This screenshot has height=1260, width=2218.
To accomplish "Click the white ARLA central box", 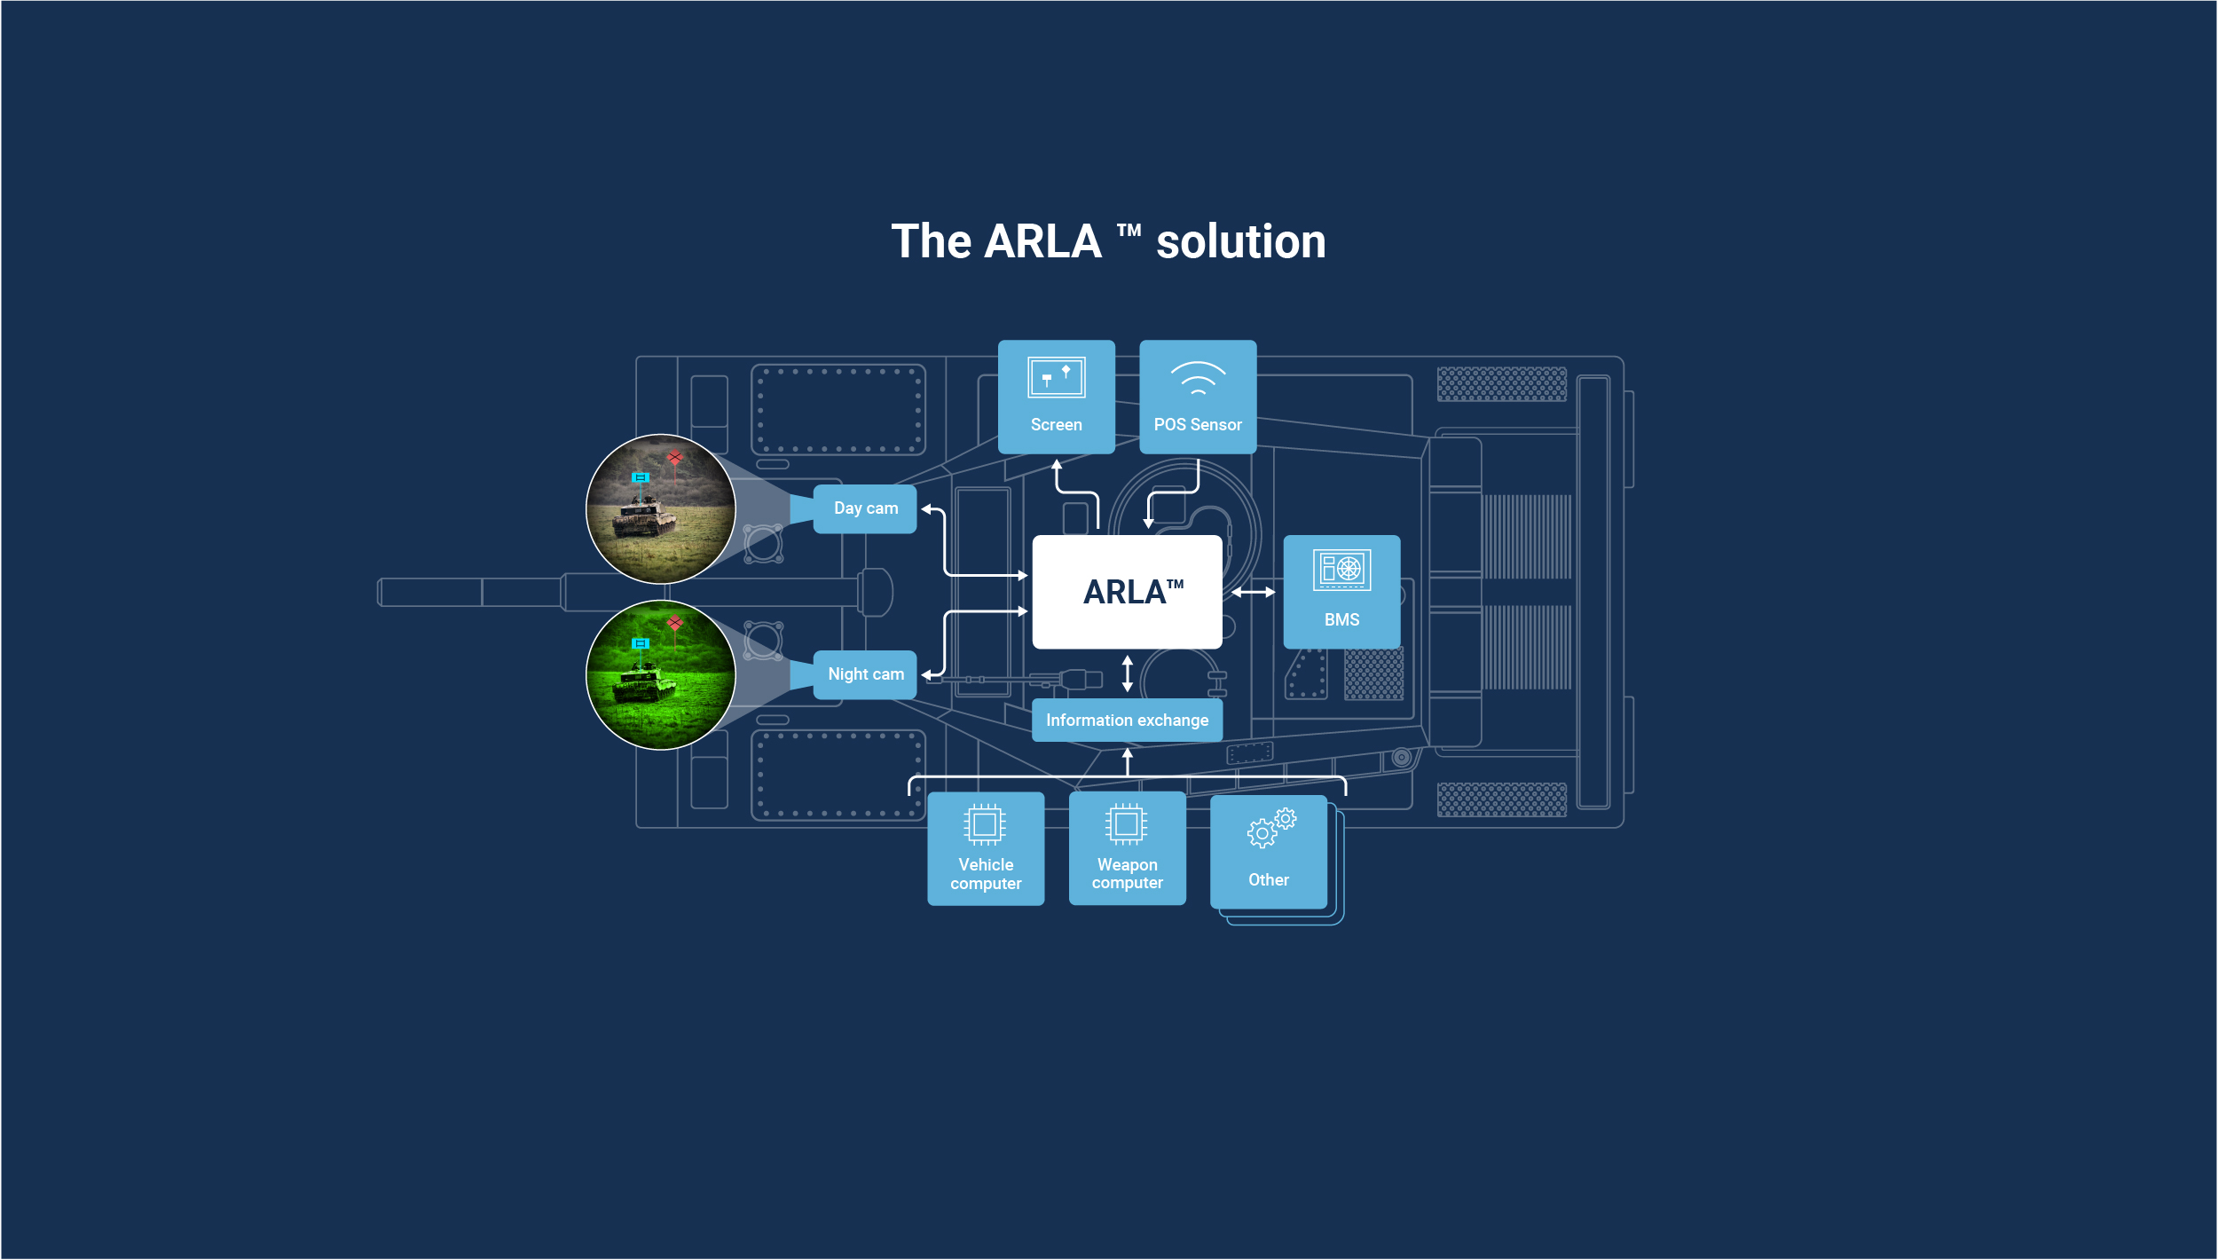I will (1127, 592).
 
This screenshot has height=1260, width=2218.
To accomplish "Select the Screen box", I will (1056, 397).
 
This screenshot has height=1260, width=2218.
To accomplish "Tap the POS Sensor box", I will (1198, 397).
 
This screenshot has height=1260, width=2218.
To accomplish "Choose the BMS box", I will (1341, 592).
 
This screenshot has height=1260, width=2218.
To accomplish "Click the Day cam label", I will (865, 508).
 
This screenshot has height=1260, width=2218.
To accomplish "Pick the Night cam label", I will (865, 674).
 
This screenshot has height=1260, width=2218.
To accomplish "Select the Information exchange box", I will (1127, 721).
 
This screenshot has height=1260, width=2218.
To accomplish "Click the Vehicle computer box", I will (986, 848).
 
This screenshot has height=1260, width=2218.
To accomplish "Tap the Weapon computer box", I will (1127, 848).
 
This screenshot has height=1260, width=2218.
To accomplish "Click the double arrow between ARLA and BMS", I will (1253, 592).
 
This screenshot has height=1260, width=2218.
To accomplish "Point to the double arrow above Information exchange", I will (1128, 673).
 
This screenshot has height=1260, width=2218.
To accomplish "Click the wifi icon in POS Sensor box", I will (1198, 378).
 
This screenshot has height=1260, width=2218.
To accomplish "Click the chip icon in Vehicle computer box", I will (985, 824).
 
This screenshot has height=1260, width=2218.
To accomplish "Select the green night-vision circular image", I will (661, 675).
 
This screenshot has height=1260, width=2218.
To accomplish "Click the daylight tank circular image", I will (661, 509).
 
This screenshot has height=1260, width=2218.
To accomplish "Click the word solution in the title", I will (1240, 242).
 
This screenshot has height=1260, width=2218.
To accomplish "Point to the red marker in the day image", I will (675, 458).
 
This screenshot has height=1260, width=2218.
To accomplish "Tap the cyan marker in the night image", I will (640, 643).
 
